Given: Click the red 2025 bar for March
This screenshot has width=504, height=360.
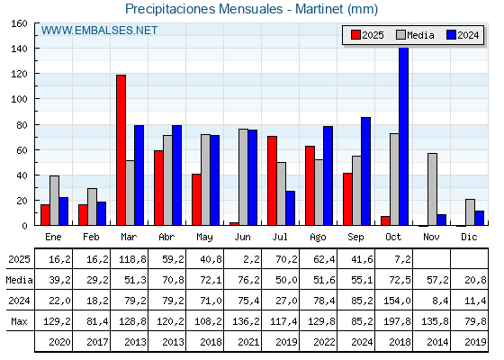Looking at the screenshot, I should click(121, 150).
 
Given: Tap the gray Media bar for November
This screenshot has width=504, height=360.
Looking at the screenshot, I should click(432, 190).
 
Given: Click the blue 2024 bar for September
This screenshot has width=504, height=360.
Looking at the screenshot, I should click(365, 172).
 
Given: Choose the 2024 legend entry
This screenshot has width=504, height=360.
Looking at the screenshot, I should click(461, 35).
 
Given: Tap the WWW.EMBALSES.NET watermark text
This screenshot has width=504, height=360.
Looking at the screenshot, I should click(99, 31).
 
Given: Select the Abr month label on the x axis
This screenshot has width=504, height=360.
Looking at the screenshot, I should click(166, 237).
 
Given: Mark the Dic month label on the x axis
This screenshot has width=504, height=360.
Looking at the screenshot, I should click(469, 237).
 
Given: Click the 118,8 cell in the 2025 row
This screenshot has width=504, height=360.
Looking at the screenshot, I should click(129, 259).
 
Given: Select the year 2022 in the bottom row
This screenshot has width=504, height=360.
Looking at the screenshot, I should click(318, 342).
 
